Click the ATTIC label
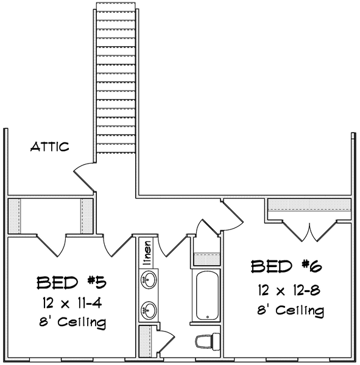pos(50,147)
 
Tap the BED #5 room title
pos(66,283)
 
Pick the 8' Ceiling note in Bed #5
pos(70,322)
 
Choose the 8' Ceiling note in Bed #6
pos(289,310)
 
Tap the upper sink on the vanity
pos(147,280)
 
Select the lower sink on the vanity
pos(147,308)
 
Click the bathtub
pos(208,296)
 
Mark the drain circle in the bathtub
pos(208,316)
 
